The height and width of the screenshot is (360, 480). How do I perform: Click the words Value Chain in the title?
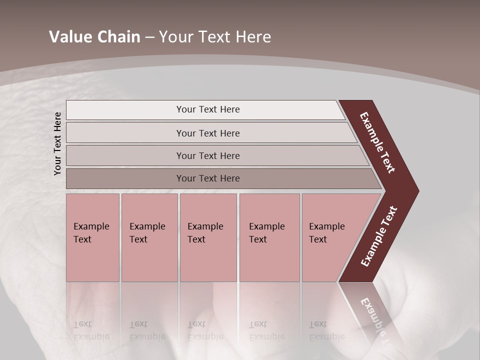click(x=94, y=37)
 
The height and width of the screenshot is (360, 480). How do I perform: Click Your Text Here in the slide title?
click(x=215, y=37)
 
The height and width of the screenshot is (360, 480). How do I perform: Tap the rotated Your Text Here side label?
click(x=57, y=143)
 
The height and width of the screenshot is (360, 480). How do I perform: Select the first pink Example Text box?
click(x=92, y=237)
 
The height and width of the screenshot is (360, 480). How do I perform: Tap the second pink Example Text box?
click(x=149, y=237)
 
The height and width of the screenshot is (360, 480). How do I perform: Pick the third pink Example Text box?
click(x=208, y=237)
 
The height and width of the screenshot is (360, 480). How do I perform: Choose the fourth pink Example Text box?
click(x=269, y=237)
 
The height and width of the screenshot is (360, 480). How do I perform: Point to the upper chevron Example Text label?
click(x=377, y=142)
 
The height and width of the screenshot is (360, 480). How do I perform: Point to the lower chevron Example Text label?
click(x=379, y=236)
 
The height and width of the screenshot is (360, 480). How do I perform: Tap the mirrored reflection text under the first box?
click(x=91, y=330)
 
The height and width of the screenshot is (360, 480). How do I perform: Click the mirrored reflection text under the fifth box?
click(x=326, y=330)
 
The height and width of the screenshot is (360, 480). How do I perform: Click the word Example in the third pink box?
click(x=205, y=226)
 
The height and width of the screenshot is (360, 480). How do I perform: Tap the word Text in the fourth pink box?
click(x=258, y=239)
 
